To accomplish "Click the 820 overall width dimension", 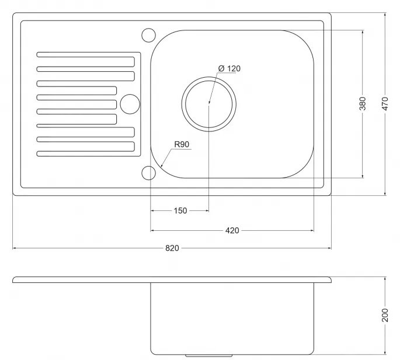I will click(172, 248).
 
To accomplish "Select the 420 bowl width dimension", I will click(232, 230).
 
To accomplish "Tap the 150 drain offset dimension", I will click(180, 210).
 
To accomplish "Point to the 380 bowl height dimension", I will click(363, 104).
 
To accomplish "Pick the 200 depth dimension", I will click(385, 316).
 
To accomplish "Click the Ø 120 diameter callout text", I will click(229, 68).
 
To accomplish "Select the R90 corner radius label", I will click(182, 145).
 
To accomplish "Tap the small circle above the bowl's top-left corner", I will click(148, 34).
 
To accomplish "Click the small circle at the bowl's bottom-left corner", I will click(148, 173).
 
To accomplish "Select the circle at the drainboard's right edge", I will click(130, 104).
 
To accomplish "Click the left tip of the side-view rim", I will click(14, 279).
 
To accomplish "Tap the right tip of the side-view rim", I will click(330, 279).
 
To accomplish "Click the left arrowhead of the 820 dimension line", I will click(15, 248).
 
